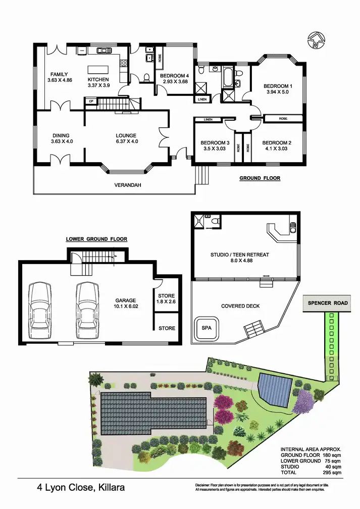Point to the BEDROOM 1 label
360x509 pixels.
pyautogui.click(x=277, y=86)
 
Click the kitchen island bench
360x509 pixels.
pyautogui.click(x=98, y=70)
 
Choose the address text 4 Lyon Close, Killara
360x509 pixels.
pyautogui.click(x=81, y=488)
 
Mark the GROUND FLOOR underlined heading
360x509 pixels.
pyautogui.click(x=260, y=178)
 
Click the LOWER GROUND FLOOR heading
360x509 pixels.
pyautogui.click(x=96, y=239)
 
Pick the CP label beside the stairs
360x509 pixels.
pyautogui.click(x=91, y=101)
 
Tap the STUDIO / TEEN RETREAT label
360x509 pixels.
pyautogui.click(x=240, y=255)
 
